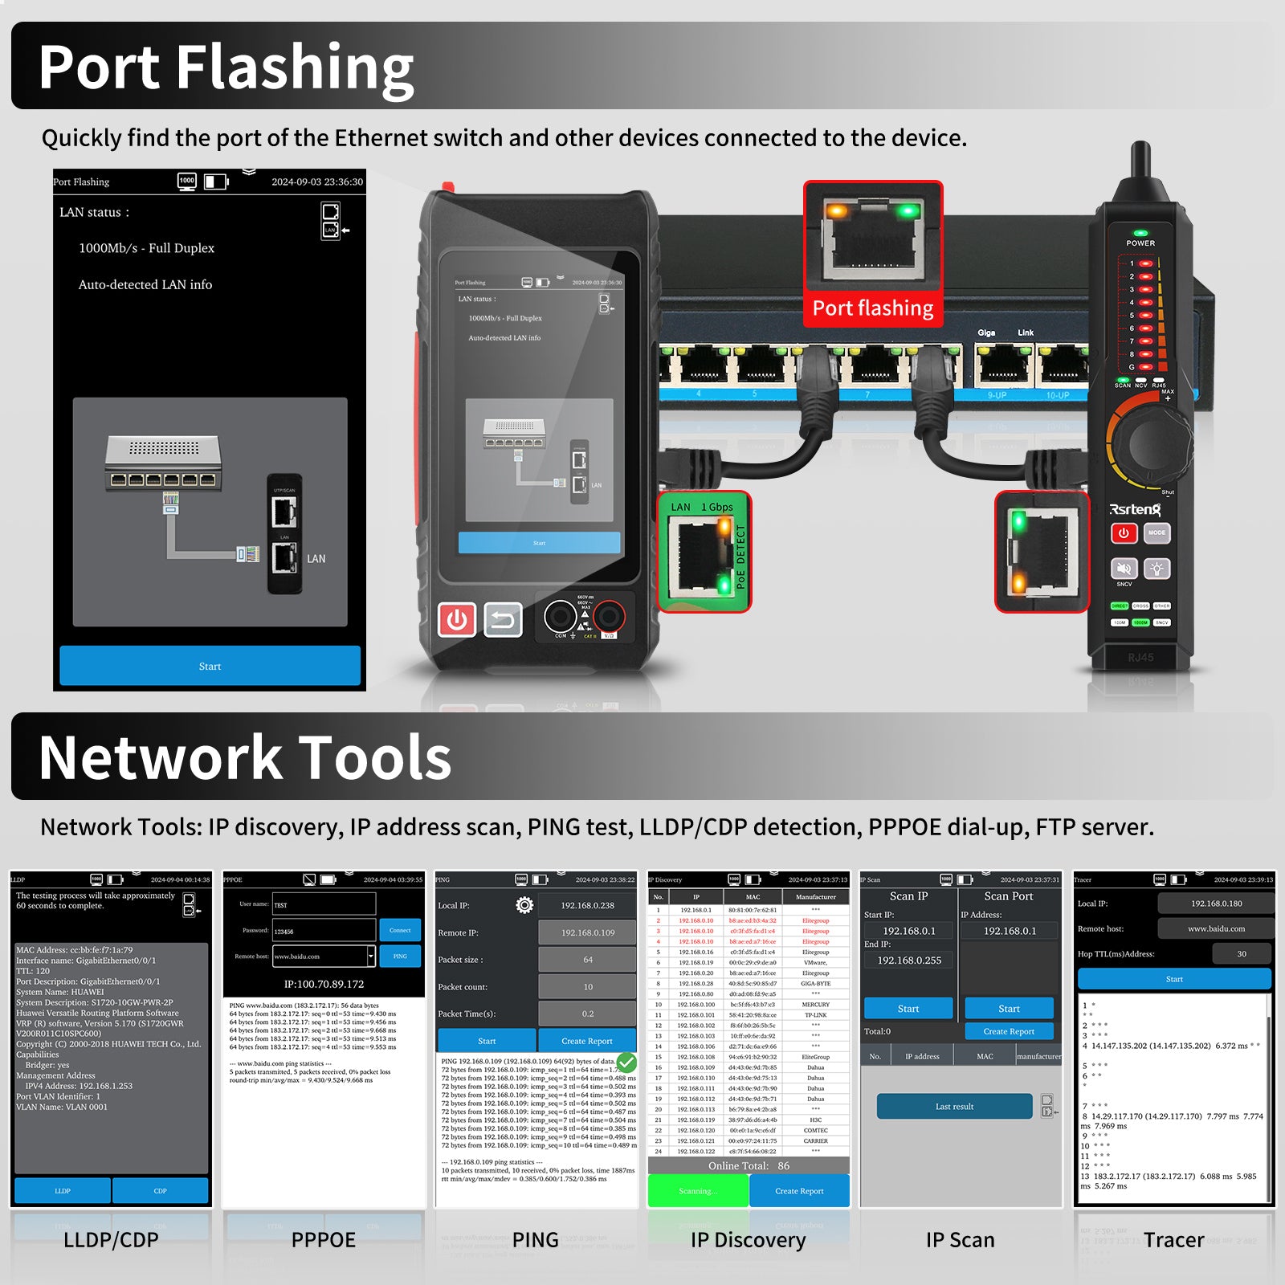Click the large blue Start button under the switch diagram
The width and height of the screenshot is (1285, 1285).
click(210, 666)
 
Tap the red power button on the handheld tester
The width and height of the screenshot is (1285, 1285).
click(457, 620)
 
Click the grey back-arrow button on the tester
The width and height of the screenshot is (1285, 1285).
click(504, 620)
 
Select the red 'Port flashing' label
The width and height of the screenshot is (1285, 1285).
click(873, 308)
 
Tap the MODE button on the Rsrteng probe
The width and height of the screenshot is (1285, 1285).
click(1156, 532)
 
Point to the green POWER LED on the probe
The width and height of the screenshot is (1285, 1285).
click(1140, 233)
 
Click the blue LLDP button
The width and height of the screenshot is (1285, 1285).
click(63, 1190)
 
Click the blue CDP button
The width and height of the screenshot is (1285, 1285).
click(160, 1190)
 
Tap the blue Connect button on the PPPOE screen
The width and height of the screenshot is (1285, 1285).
click(400, 930)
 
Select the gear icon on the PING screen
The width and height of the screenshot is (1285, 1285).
click(524, 905)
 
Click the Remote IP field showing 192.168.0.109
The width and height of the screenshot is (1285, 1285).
click(587, 932)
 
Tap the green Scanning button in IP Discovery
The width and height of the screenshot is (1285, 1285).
click(696, 1190)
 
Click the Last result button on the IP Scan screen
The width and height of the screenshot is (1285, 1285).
click(954, 1106)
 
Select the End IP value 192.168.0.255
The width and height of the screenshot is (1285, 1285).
click(909, 960)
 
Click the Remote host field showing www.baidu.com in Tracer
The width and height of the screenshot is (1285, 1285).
click(1216, 928)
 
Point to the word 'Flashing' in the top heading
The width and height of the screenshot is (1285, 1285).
click(294, 67)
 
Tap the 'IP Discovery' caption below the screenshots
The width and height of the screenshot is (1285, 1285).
click(748, 1240)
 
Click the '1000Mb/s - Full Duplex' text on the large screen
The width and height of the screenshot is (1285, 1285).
click(146, 248)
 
